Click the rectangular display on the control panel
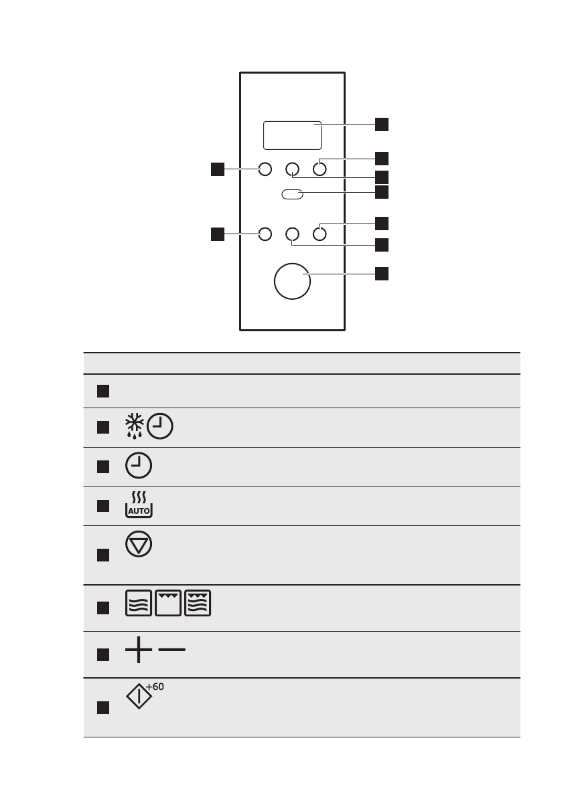pos(292,135)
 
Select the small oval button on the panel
pos(292,194)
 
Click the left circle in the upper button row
pos(265,170)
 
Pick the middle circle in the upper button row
pos(293,170)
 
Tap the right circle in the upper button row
pos(320,170)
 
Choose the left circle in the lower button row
pos(265,234)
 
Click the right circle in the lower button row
pos(320,234)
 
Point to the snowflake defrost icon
pos(135,427)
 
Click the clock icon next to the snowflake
pos(160,427)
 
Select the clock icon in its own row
pos(138,466)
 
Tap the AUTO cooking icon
pos(138,505)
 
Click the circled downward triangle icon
pos(138,545)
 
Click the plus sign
pos(137,649)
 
